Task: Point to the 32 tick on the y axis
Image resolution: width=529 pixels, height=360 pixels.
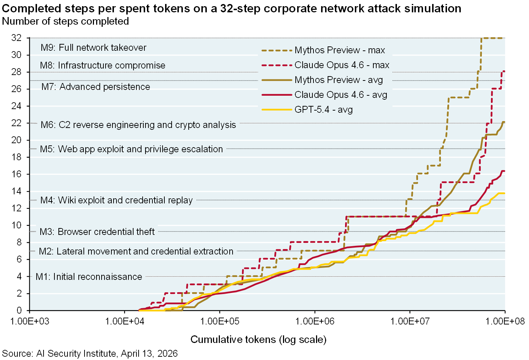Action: tap(17, 38)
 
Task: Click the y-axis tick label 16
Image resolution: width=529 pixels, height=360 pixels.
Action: tap(17, 174)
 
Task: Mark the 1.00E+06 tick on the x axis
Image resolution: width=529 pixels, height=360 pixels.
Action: tap(315, 322)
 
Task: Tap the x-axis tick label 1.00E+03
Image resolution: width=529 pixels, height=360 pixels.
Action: tap(29, 322)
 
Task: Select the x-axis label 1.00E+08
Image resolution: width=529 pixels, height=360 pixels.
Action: tap(505, 322)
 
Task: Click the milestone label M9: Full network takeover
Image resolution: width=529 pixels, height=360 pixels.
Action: tap(93, 48)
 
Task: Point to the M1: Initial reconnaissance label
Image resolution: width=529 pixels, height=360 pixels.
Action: tap(89, 277)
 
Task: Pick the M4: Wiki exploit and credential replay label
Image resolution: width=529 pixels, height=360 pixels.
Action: tap(116, 200)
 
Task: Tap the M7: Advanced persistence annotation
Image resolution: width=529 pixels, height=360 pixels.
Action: tap(96, 87)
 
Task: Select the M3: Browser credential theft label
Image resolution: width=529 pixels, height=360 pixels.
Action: tap(97, 232)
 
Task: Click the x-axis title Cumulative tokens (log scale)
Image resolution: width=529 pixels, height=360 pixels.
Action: tap(258, 340)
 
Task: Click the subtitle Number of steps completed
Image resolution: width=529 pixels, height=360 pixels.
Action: tap(65, 21)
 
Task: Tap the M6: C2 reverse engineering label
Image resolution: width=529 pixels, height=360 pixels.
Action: tap(138, 125)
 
